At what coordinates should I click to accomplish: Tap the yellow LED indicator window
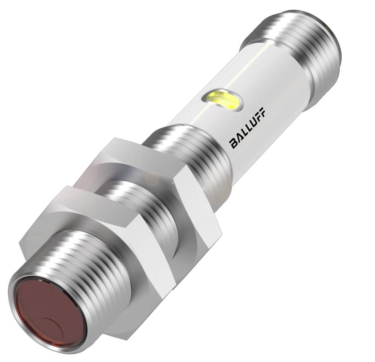point(223,100)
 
